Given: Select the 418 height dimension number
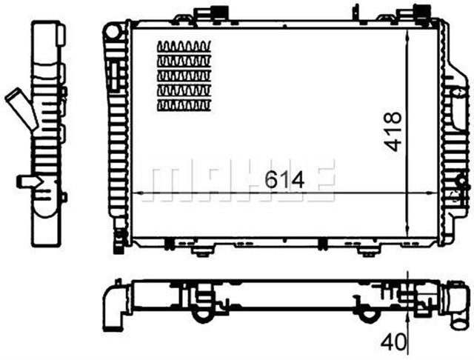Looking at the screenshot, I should tap(393, 132).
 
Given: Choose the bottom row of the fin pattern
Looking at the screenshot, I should tap(185, 105).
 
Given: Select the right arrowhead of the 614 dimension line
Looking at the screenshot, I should tap(437, 195).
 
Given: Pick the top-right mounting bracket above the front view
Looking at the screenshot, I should tap(420, 14).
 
